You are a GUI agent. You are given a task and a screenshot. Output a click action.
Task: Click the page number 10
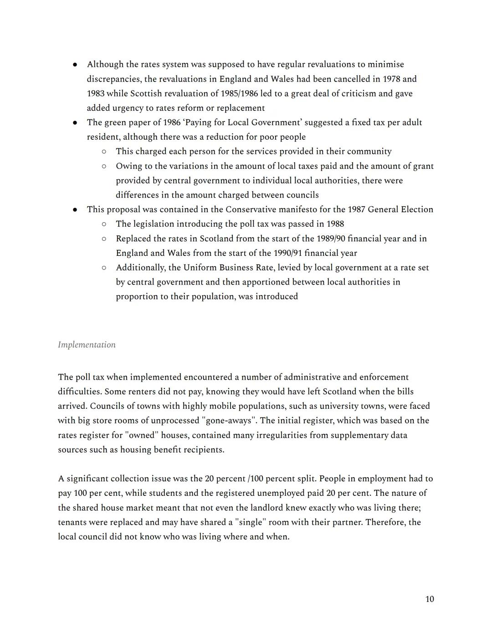429,599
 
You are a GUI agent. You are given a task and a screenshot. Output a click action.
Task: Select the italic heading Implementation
87,345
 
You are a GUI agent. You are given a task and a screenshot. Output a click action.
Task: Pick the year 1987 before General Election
356,209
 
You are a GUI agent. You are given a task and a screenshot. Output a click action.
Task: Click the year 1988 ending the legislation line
335,224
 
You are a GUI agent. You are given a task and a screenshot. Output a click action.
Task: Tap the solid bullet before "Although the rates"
75,65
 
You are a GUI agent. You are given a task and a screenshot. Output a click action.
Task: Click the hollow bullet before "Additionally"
104,268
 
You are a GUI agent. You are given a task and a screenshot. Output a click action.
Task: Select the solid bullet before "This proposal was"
75,210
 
